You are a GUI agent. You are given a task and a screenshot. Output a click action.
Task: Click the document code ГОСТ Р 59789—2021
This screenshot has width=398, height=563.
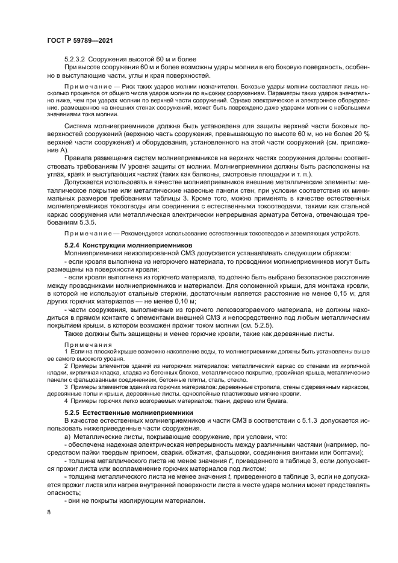pyautogui.click(x=80, y=40)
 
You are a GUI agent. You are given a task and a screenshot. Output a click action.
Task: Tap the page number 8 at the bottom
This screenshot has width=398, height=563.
pyautogui.click(x=49, y=512)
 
